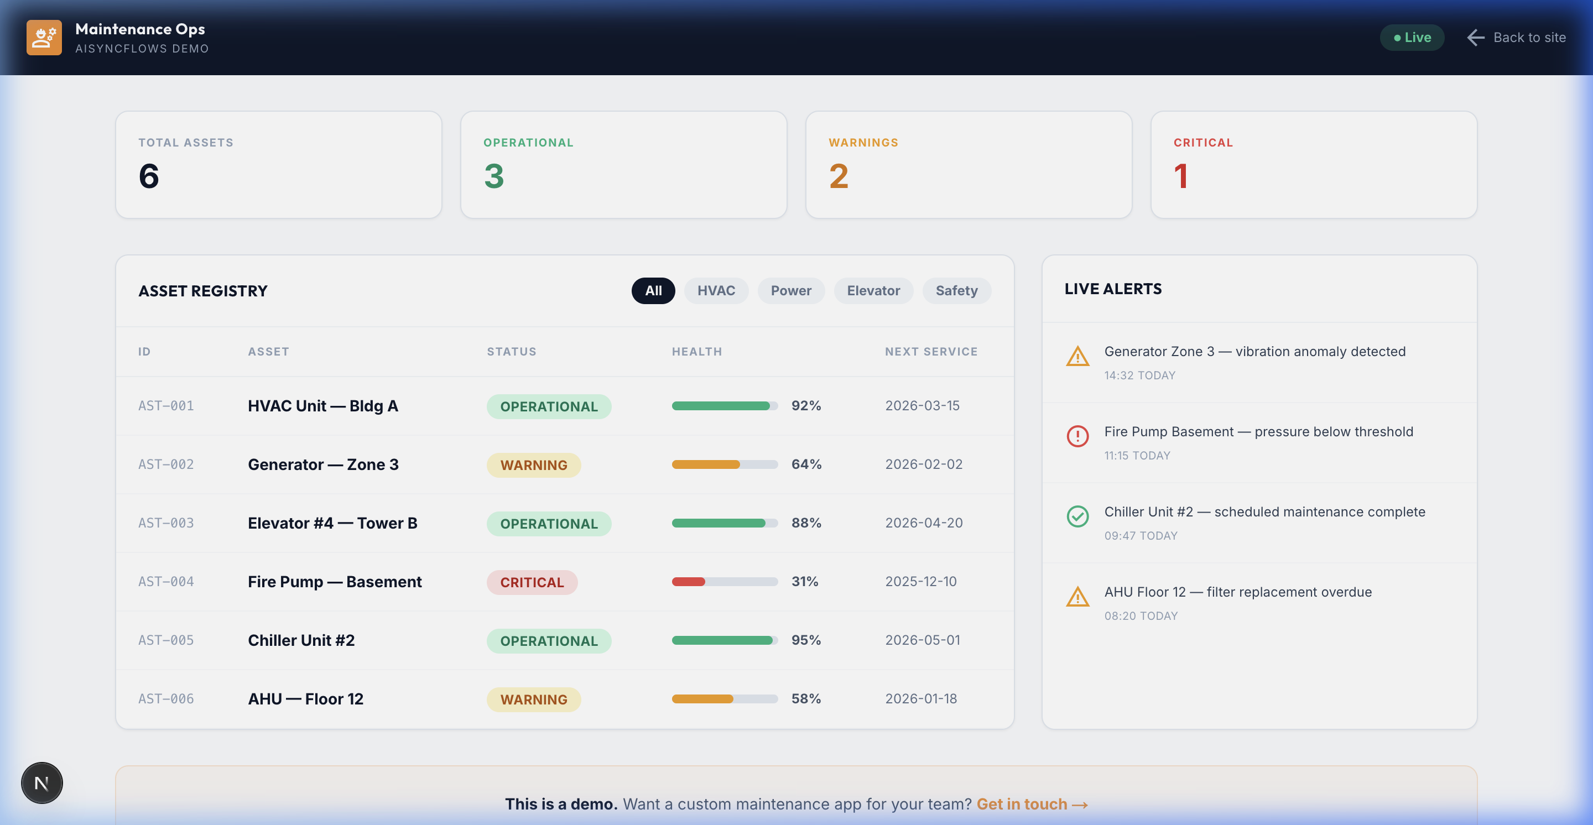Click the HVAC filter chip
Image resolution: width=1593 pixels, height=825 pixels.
(x=716, y=290)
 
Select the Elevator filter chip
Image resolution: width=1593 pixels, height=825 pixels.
(x=873, y=290)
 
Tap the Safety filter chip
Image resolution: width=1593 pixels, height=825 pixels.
(x=956, y=290)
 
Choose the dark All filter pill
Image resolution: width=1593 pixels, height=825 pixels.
(x=653, y=290)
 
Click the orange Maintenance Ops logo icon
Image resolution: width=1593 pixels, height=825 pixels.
(x=44, y=38)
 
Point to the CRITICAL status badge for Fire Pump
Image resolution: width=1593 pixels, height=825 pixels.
(x=532, y=582)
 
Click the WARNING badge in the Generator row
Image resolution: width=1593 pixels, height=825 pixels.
(x=534, y=464)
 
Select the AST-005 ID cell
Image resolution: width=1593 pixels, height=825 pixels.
(x=166, y=640)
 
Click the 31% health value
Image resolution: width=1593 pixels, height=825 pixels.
(x=805, y=582)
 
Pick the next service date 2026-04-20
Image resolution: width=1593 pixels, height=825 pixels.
(x=923, y=523)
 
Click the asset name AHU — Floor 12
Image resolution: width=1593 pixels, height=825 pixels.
(x=305, y=699)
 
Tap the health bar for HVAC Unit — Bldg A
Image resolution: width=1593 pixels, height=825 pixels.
(x=724, y=406)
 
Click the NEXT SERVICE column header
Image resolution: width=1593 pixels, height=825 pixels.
(x=931, y=352)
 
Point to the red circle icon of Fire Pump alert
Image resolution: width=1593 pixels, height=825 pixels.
(x=1077, y=436)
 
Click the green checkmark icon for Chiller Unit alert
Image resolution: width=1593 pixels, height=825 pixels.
(x=1077, y=516)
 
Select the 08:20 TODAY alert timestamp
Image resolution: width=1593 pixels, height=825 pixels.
(x=1141, y=615)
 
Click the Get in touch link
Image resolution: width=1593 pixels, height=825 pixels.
(x=1032, y=804)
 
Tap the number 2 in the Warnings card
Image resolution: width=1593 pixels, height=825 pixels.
(x=838, y=177)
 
